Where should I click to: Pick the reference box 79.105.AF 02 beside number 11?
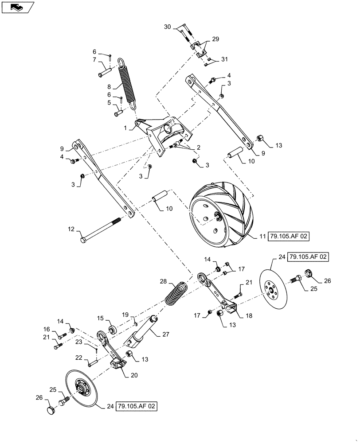(288, 237)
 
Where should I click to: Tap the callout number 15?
(100, 318)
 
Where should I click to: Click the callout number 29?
(215, 39)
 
